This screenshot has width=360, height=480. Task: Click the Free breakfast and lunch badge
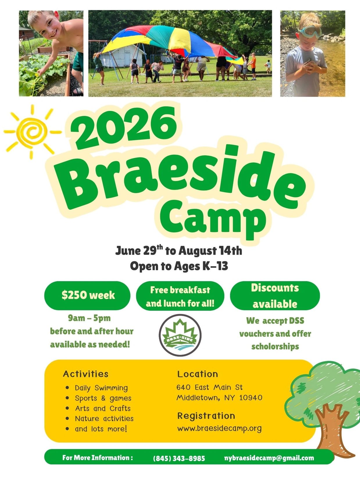click(x=180, y=296)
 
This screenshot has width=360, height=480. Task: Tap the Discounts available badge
click(x=275, y=296)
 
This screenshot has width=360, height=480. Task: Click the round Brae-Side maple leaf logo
click(x=180, y=335)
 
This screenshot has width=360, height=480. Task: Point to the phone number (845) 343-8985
click(x=179, y=459)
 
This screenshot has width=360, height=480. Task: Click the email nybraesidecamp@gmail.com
click(x=269, y=458)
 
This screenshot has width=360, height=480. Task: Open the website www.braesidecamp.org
click(x=219, y=428)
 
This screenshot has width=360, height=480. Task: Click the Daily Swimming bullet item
click(x=101, y=388)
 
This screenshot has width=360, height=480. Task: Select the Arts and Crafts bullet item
click(x=103, y=408)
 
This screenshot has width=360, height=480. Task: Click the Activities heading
click(x=86, y=374)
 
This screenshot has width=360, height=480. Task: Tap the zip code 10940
click(x=251, y=398)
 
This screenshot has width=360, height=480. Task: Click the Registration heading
click(x=206, y=416)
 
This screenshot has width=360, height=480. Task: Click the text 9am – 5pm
click(x=89, y=318)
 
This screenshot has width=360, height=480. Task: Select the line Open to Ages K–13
click(x=179, y=266)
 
